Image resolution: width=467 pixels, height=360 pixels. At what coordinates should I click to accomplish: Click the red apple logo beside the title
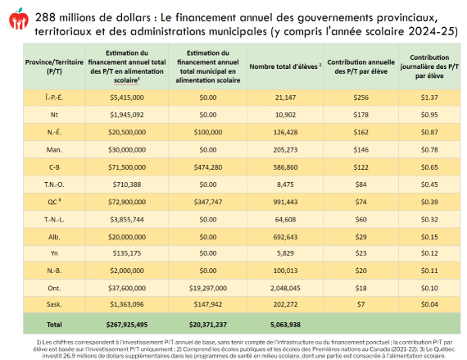click(x=19, y=19)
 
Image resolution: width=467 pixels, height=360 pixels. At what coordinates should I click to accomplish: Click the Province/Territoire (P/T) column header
click(x=54, y=66)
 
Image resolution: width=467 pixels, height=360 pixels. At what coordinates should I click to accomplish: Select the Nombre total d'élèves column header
click(x=285, y=66)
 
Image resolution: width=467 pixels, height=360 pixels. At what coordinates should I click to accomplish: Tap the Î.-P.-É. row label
click(x=54, y=98)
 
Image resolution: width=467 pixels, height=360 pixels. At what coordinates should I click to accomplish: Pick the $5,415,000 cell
click(x=127, y=98)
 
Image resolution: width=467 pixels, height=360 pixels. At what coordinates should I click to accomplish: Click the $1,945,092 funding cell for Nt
click(x=127, y=115)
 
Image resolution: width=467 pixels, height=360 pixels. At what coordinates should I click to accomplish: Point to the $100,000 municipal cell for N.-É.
click(x=208, y=132)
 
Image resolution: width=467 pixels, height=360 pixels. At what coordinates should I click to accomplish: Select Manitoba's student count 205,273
click(x=285, y=149)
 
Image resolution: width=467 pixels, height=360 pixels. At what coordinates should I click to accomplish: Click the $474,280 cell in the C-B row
click(x=208, y=167)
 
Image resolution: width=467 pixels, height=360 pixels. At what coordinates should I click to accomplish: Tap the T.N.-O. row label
click(x=54, y=185)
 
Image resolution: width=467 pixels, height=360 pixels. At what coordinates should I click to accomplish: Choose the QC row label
click(x=54, y=202)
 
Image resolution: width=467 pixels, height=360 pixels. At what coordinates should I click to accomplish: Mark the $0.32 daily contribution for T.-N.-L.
click(x=429, y=220)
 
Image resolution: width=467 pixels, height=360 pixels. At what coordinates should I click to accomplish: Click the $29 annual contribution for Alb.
click(x=361, y=237)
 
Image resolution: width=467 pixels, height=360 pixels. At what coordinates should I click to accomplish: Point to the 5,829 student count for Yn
click(x=285, y=253)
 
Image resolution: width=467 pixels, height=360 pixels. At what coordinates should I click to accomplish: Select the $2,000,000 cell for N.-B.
click(x=127, y=271)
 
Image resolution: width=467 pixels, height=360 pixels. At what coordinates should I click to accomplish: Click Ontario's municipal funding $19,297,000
click(x=208, y=288)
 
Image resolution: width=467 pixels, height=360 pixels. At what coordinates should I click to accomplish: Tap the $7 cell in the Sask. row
click(x=361, y=304)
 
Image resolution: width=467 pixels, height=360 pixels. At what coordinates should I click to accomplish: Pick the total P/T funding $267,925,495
click(x=127, y=325)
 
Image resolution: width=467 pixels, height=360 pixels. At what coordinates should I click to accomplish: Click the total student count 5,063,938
click(x=285, y=325)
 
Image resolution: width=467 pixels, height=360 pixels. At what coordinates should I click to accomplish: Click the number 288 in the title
click(x=45, y=17)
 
